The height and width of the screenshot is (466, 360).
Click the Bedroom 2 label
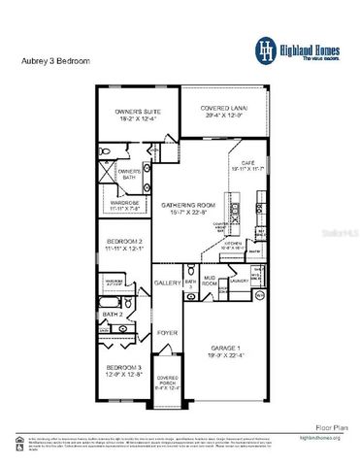(x=125, y=245)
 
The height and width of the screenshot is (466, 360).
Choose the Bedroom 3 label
(x=125, y=371)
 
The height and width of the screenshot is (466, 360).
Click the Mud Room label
(x=209, y=281)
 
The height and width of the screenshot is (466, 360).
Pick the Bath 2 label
(x=114, y=315)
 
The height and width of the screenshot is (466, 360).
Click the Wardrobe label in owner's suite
(x=127, y=205)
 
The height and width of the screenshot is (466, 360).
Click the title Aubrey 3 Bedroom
(x=55, y=60)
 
